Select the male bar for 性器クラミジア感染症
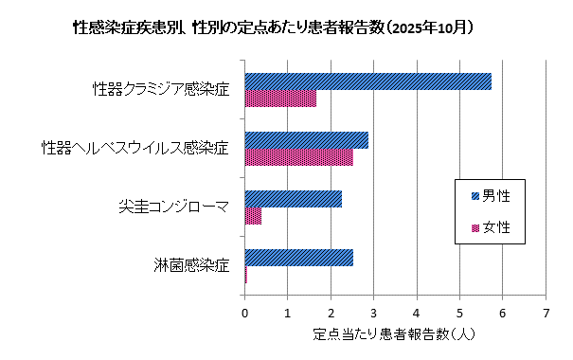pyautogui.click(x=367, y=81)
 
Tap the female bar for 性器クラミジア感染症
pyautogui.click(x=280, y=99)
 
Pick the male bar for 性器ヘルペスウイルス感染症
pyautogui.click(x=306, y=140)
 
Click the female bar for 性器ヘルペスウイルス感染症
pyautogui.click(x=298, y=157)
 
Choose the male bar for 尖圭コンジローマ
pyautogui.click(x=293, y=199)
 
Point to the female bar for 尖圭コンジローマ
pyautogui.click(x=253, y=216)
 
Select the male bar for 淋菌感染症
pyautogui.click(x=298, y=258)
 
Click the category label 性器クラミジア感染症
pyautogui.click(x=161, y=90)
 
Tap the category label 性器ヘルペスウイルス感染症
pyautogui.click(x=135, y=149)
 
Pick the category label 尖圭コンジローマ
pyautogui.click(x=173, y=207)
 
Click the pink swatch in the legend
pyautogui.click(x=475, y=228)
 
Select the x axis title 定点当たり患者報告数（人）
pyautogui.click(x=394, y=334)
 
